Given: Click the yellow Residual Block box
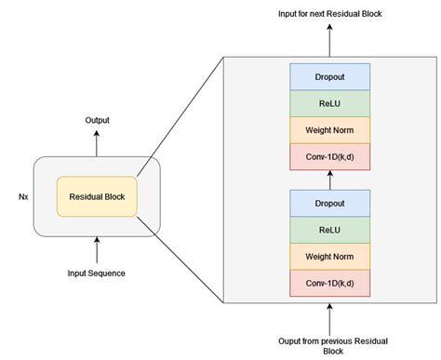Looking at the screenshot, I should (x=97, y=196).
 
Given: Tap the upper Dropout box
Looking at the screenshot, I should (x=329, y=75).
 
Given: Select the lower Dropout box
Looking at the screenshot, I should (x=329, y=203).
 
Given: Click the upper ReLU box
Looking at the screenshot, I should (x=329, y=102).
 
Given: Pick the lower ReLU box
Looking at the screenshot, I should (x=329, y=230).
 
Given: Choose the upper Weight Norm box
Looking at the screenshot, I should (x=329, y=129).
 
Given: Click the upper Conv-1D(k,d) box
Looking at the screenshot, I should (x=329, y=156).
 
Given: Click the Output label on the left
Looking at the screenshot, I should (x=96, y=120).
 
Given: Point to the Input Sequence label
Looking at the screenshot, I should (x=97, y=273).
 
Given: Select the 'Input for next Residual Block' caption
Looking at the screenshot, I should (x=329, y=15).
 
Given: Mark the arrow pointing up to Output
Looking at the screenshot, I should (x=97, y=142).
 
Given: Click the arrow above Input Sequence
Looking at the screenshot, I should (x=97, y=249).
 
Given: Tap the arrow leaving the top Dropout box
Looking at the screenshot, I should (x=329, y=43).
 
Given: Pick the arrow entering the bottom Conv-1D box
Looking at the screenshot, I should (x=329, y=313).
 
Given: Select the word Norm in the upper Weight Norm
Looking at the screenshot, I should (x=346, y=129).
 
